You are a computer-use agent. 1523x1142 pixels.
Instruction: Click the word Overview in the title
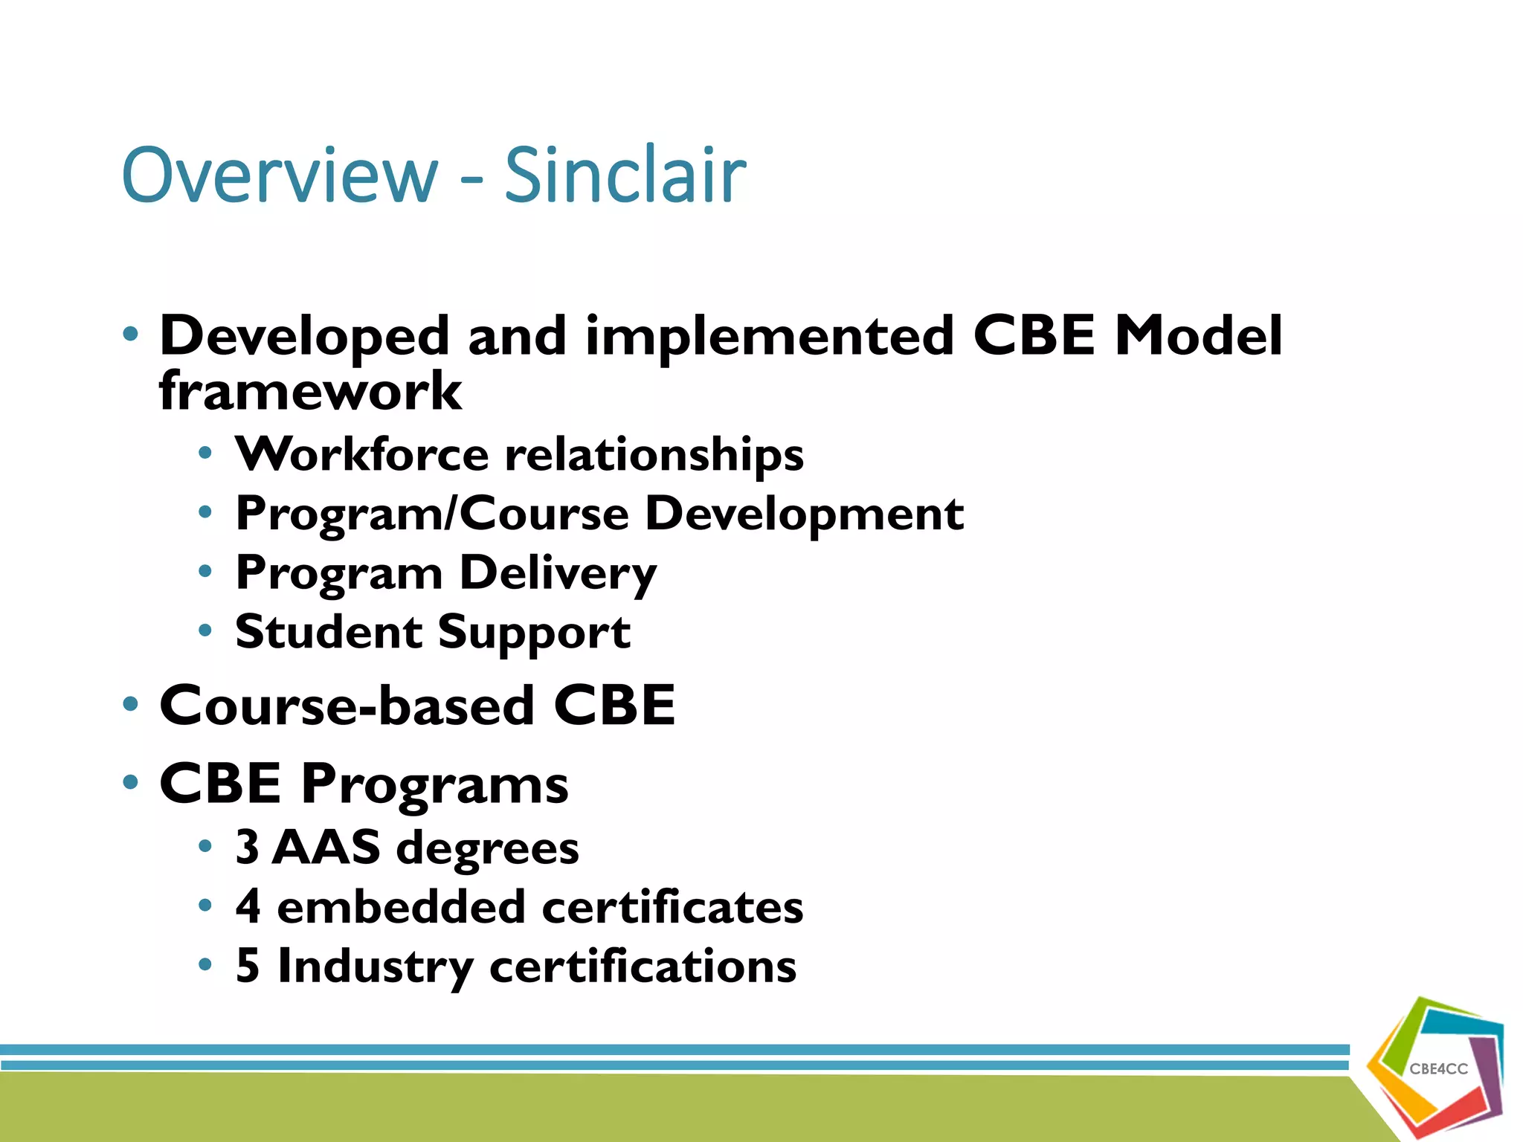tap(280, 175)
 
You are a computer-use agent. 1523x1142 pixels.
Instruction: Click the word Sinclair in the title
tap(625, 175)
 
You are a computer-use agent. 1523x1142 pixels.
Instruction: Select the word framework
tap(310, 392)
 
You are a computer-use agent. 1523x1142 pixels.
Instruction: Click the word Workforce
tap(362, 454)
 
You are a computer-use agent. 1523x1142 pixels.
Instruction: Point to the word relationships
tap(654, 455)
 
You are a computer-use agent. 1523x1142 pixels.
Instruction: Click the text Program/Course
tap(432, 514)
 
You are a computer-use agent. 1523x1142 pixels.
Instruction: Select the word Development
tap(804, 514)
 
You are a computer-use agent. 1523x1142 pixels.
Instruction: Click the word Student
tap(329, 632)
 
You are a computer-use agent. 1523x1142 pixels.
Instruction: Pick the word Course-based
tap(347, 705)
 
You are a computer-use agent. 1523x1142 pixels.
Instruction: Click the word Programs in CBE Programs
tap(434, 785)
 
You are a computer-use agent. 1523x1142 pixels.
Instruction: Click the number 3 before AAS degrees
tap(248, 847)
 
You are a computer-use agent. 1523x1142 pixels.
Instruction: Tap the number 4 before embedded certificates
tap(248, 906)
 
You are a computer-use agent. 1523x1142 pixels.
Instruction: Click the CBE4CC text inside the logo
tap(1438, 1069)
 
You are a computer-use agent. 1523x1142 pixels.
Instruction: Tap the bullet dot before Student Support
tap(205, 631)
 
